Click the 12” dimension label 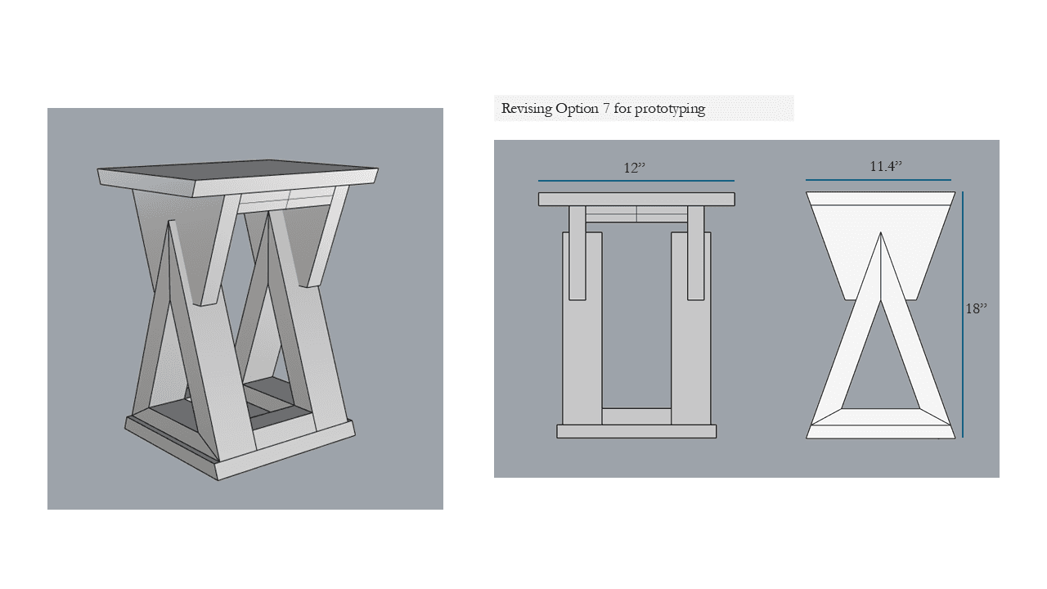tap(634, 168)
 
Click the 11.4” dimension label tap(885, 166)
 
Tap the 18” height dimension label tap(977, 308)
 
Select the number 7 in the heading tap(606, 109)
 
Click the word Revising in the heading tap(527, 109)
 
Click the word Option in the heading tap(577, 110)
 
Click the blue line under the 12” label tap(636, 181)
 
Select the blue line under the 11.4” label tap(878, 179)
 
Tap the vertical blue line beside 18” tap(963, 314)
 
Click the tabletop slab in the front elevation tap(636, 199)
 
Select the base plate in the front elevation tap(636, 431)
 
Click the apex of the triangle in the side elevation tap(881, 232)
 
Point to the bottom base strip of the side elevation tap(881, 431)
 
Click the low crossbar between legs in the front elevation tap(636, 416)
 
